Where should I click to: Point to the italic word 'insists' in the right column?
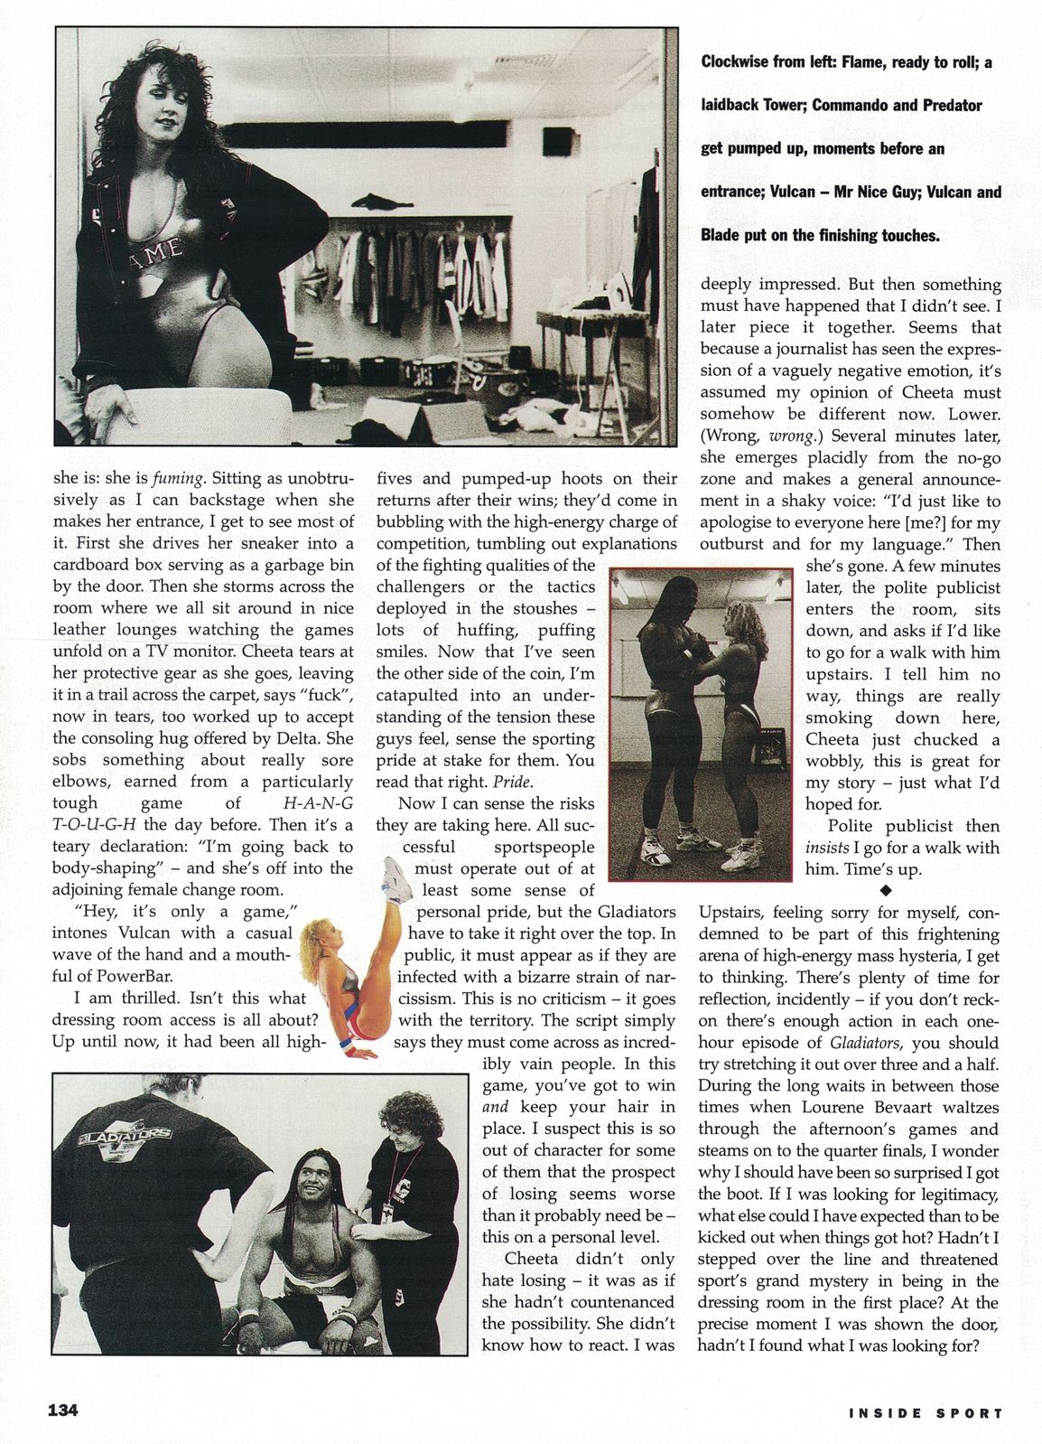pos(829,848)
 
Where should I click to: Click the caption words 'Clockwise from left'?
pos(768,62)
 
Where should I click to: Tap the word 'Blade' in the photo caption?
pos(722,235)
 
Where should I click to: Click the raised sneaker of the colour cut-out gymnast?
pos(394,873)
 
